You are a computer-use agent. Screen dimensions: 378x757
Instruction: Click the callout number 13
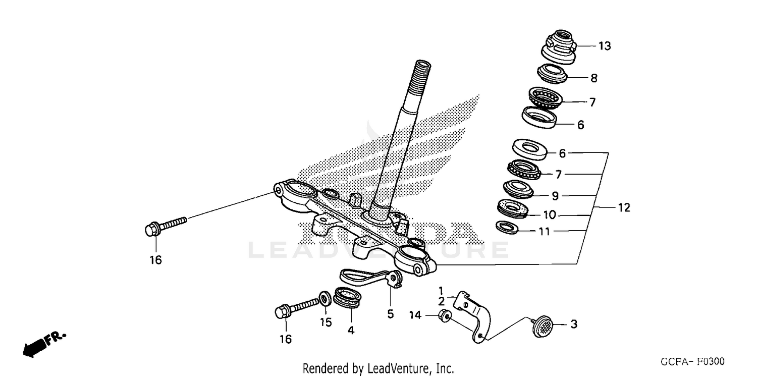pos(605,46)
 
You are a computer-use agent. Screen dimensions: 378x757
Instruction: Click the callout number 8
pos(594,78)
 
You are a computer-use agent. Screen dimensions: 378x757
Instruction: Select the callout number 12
pos(624,207)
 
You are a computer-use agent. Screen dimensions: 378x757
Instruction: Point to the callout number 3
pos(574,324)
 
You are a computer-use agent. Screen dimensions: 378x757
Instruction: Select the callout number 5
pos(390,314)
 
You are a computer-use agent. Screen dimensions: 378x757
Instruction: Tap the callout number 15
pos(327,321)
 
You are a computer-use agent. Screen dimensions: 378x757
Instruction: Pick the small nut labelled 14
pos(445,316)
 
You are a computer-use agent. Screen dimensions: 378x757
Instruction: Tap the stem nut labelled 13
pos(559,48)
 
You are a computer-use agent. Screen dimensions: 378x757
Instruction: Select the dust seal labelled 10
pos(513,208)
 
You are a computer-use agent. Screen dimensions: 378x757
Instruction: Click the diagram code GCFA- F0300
pos(692,362)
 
